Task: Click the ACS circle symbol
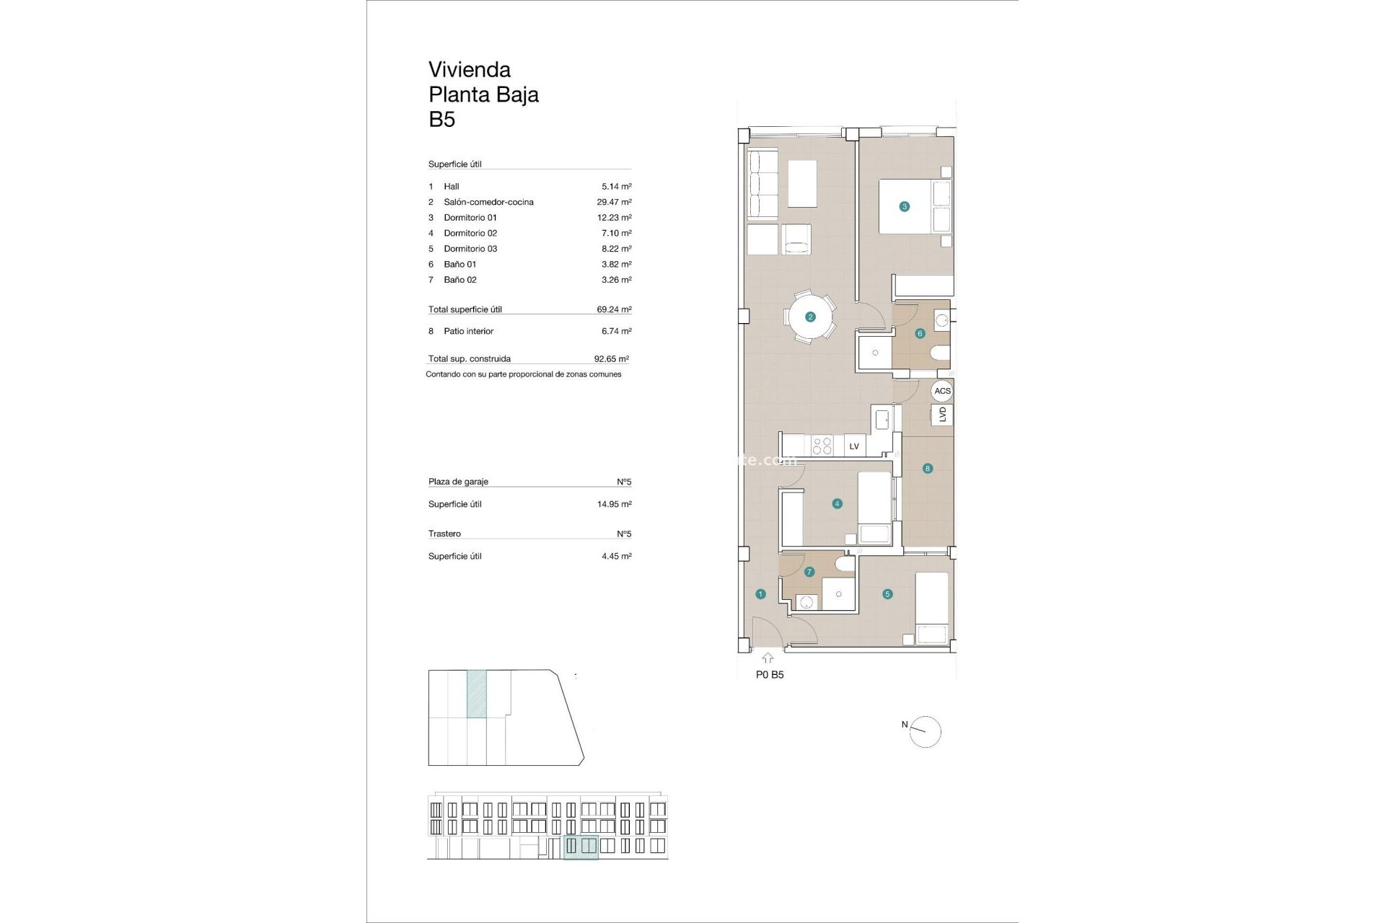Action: (942, 391)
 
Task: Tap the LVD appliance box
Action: (942, 415)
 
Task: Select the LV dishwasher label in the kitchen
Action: (854, 446)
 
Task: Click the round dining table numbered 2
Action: (811, 317)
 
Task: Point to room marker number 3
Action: (904, 206)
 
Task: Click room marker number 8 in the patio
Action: (928, 469)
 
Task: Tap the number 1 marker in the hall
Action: (760, 594)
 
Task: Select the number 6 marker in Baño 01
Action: (920, 333)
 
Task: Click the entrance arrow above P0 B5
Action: (768, 658)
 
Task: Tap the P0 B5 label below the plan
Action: (770, 675)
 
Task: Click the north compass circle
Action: (926, 733)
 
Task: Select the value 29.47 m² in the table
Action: (614, 202)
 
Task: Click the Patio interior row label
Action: (468, 331)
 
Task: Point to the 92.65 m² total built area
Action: (611, 358)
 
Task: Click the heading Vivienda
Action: (470, 70)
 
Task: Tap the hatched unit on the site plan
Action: (477, 694)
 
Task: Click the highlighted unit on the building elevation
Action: (581, 847)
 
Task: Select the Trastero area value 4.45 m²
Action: (616, 556)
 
